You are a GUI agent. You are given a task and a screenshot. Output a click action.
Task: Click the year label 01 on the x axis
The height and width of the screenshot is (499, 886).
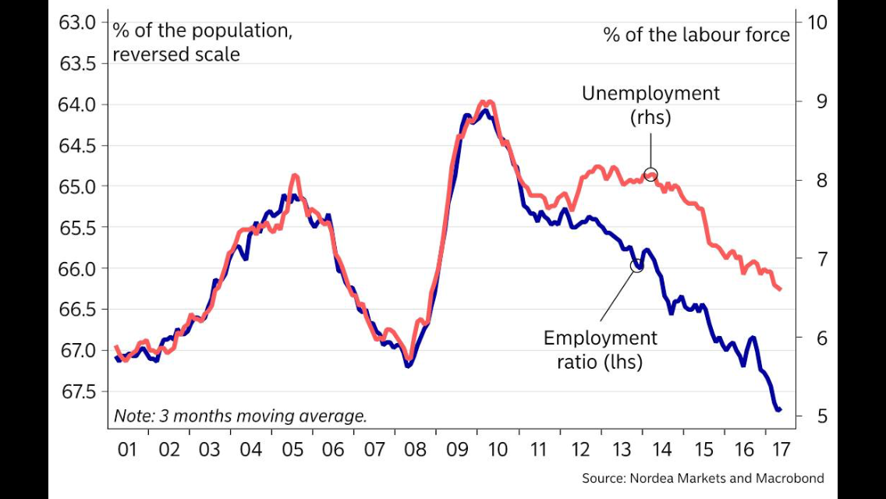point(127,450)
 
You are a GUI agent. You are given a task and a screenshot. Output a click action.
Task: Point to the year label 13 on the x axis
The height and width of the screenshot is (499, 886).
point(621,450)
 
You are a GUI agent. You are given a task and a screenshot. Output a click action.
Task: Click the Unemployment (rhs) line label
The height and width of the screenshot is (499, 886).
point(650,105)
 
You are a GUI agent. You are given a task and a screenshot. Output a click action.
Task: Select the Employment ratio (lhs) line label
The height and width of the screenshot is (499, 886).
point(600,349)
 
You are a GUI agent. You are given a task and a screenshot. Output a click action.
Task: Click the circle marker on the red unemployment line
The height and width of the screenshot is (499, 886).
point(650,175)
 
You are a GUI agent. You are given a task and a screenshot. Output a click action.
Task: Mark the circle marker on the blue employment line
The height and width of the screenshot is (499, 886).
point(636,265)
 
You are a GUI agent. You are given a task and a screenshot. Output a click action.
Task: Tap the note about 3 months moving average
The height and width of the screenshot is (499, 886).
point(240,416)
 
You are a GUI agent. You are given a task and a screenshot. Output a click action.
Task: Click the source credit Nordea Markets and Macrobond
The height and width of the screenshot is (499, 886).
point(703,478)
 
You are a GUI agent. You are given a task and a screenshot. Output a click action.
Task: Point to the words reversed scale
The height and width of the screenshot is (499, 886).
point(176,55)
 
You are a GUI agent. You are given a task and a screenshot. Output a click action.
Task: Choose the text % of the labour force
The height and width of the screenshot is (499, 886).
point(696,35)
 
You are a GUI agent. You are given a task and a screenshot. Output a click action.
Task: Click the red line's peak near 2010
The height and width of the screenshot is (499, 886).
point(487,102)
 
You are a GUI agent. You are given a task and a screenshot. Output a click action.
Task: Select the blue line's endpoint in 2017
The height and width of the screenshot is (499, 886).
point(778,409)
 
